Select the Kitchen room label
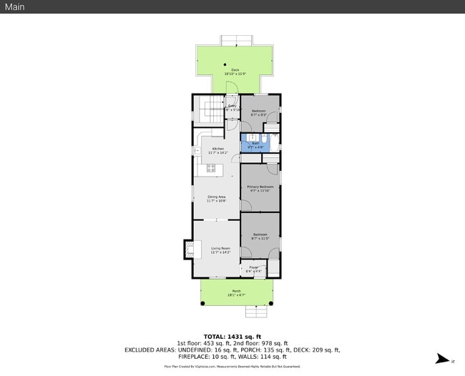217,150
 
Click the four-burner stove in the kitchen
211,169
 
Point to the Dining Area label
217,199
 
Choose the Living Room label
220,250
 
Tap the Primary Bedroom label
260,189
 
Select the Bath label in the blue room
255,144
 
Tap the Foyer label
254,269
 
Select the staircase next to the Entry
212,111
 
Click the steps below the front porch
255,311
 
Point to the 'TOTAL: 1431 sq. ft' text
232,336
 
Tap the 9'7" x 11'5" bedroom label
260,237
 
